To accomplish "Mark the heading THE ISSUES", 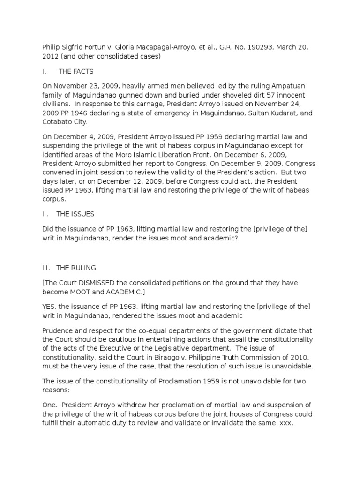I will coord(75,214).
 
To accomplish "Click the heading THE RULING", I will coord(76,268).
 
